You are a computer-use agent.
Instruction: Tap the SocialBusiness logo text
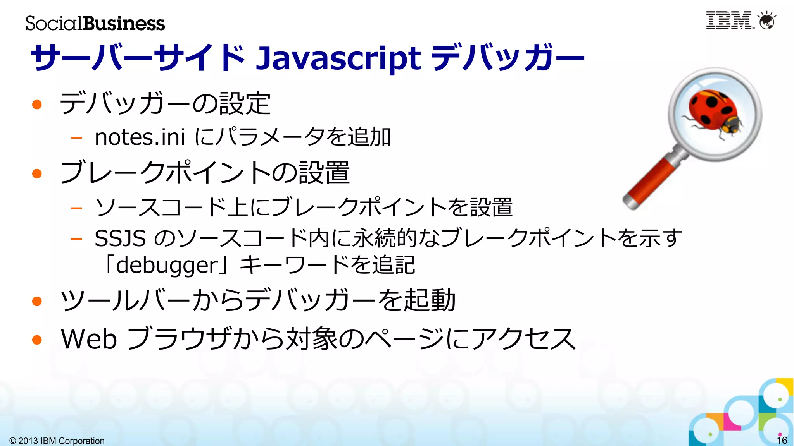95,23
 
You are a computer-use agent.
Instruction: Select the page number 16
782,440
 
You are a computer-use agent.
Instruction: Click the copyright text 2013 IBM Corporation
57,441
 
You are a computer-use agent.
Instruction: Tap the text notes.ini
140,137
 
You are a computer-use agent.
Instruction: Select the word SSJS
120,238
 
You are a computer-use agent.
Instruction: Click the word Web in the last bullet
89,339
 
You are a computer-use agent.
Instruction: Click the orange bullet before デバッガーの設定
37,104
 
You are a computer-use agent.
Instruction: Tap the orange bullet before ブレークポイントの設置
37,173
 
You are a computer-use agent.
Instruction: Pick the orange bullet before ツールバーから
37,301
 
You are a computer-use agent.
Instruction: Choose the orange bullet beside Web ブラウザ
37,340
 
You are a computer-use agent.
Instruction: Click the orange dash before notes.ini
76,137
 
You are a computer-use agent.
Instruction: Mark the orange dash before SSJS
76,238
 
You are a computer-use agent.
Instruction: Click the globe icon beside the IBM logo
767,21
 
